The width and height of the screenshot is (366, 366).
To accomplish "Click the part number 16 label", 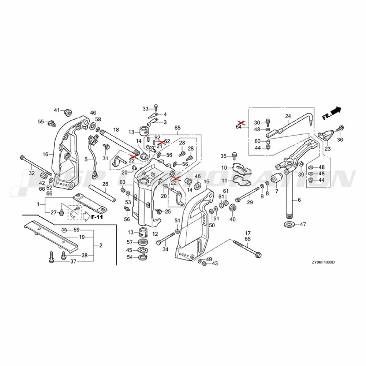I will (x=45, y=154).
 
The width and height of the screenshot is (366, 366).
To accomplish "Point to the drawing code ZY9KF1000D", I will (x=323, y=262).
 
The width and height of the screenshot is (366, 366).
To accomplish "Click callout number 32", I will (x=32, y=173).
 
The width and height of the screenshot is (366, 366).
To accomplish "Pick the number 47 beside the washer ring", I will (x=303, y=224).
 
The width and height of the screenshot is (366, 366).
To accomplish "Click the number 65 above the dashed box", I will (x=178, y=128).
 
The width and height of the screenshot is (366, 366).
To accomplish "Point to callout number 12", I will (x=155, y=234).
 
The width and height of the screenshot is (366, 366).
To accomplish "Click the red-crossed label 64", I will (x=239, y=127).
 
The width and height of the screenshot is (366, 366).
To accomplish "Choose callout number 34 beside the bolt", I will (x=165, y=249).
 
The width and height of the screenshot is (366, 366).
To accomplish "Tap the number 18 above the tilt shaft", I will (x=116, y=130).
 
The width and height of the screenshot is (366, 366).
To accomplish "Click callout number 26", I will (x=105, y=184).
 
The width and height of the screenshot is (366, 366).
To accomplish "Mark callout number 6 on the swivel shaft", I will (x=299, y=200).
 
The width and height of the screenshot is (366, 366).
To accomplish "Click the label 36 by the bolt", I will (x=340, y=139).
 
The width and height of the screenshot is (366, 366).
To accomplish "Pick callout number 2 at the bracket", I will (x=101, y=245).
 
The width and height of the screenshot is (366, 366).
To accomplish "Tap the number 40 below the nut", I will (x=232, y=219).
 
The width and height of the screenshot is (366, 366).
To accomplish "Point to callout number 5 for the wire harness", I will (x=86, y=160).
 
